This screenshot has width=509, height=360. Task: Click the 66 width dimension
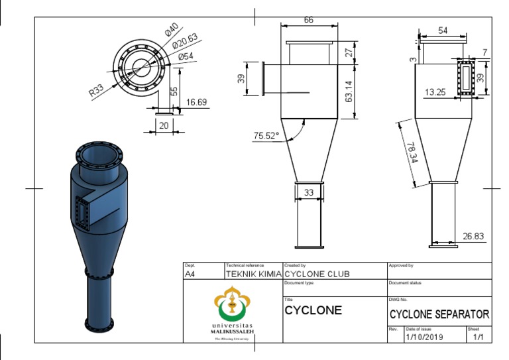(309, 21)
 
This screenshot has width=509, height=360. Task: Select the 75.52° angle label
(266, 136)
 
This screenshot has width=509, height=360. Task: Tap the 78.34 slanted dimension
(411, 152)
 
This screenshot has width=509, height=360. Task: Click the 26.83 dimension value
(474, 235)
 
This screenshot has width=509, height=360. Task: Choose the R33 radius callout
(97, 90)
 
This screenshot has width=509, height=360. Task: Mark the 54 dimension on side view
(443, 30)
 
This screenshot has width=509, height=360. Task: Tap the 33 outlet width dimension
(308, 193)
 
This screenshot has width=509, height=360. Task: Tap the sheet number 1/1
(479, 337)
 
